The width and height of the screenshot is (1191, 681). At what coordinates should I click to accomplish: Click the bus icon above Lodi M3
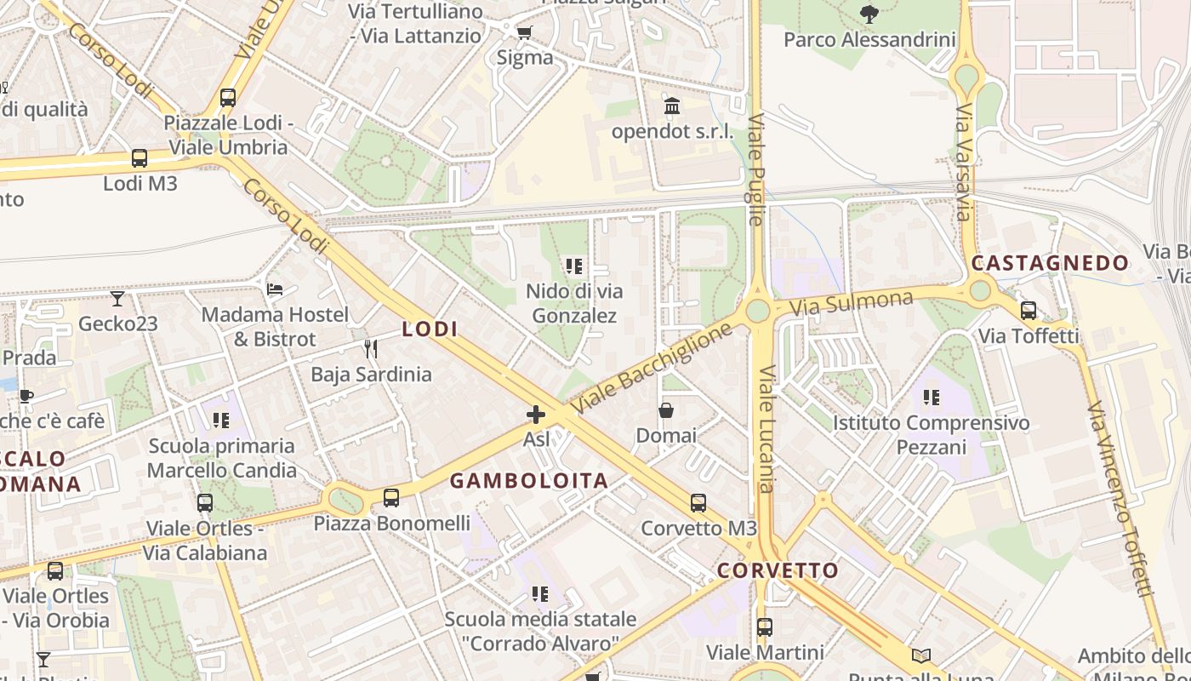pos(139,158)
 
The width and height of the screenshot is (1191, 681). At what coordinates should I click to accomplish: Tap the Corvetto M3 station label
pos(698,528)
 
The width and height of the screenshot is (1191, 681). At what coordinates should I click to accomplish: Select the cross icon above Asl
pos(536,415)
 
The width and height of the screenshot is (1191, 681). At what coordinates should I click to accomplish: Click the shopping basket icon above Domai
pos(666,411)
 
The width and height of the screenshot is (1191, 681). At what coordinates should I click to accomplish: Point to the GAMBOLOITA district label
pos(528,481)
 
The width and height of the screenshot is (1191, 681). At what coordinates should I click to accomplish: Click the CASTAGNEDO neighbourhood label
pos(1050,263)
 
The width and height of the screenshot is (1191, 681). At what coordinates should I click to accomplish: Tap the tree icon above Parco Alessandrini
pos(869,14)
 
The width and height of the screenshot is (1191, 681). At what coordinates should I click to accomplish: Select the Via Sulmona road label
pos(851,303)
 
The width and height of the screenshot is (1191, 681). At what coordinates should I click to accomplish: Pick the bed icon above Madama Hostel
pos(275,289)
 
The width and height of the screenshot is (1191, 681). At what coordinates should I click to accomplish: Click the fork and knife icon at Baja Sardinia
pos(371,349)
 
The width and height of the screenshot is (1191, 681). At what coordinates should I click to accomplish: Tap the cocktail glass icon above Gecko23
pos(117,299)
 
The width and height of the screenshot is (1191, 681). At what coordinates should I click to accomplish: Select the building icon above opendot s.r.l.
pos(672,106)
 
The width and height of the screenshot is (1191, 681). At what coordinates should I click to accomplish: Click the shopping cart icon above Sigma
pos(525,33)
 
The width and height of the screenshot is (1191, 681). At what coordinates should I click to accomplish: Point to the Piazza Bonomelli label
pos(391,523)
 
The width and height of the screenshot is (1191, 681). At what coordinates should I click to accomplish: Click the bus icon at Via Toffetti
pos(1029,311)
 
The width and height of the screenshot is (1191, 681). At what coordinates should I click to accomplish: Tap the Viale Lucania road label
pos(766,429)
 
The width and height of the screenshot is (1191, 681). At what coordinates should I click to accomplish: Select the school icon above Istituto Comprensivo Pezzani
pos(932,398)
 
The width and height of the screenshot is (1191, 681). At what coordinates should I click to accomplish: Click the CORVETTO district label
pos(778,570)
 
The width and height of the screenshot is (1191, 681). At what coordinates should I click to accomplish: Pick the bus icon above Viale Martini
pos(765,627)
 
